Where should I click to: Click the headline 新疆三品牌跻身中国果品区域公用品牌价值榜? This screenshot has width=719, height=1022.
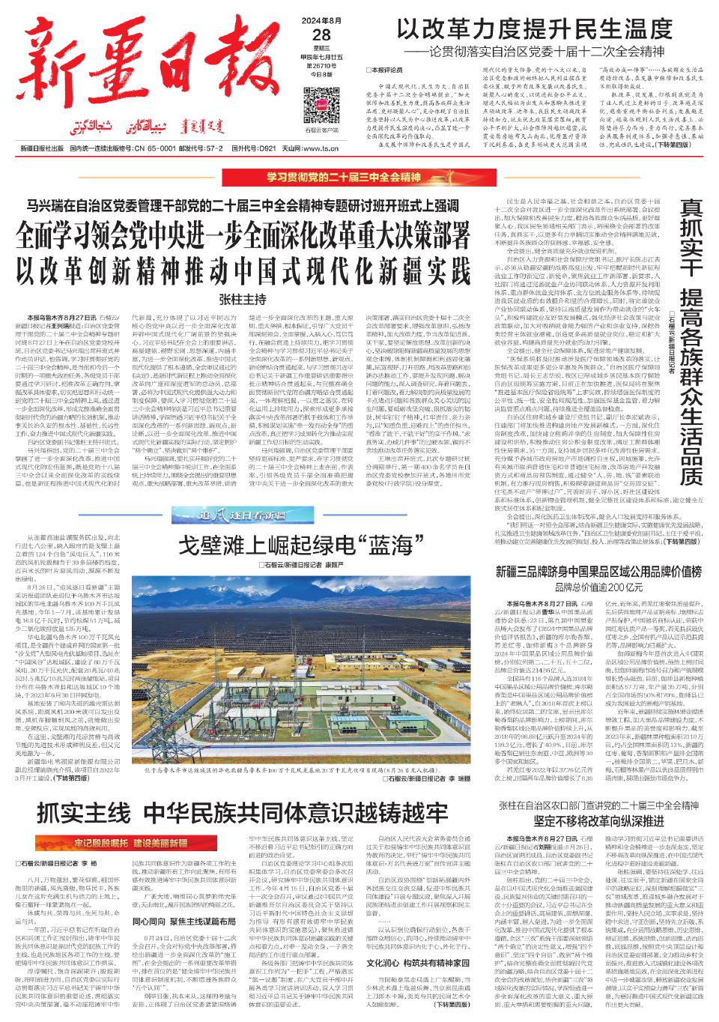coord(597,572)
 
